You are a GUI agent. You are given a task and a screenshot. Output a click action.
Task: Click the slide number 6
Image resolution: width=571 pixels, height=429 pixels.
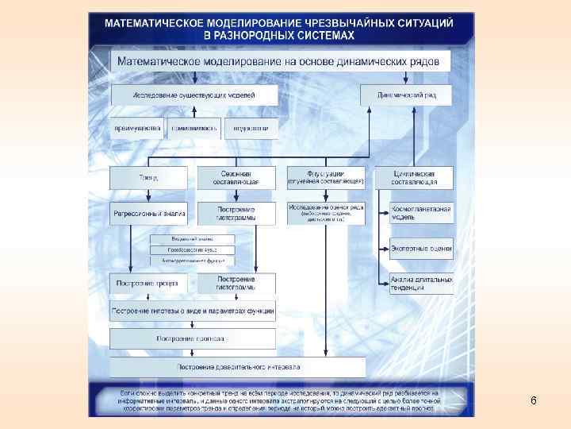pyautogui.click(x=534, y=401)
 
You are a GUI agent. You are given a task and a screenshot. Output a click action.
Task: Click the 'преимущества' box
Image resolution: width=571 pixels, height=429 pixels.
pyautogui.click(x=137, y=127)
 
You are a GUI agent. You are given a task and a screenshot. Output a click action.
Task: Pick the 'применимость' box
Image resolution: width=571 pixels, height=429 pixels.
pyautogui.click(x=194, y=127)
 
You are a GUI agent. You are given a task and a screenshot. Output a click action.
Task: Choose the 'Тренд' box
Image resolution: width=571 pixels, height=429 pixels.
pyautogui.click(x=149, y=177)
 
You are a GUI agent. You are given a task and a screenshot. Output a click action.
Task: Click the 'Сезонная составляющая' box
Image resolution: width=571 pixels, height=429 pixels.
pyautogui.click(x=236, y=177)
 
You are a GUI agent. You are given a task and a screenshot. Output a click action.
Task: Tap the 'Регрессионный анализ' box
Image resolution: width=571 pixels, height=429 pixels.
pyautogui.click(x=149, y=214)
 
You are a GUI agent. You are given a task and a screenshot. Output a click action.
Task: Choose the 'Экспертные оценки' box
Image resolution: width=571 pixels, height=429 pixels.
pyautogui.click(x=421, y=249)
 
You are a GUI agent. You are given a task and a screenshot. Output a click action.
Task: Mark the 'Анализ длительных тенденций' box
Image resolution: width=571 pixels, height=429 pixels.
pyautogui.click(x=421, y=284)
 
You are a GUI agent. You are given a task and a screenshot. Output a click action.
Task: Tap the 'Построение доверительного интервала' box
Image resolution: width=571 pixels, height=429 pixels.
pyautogui.click(x=238, y=367)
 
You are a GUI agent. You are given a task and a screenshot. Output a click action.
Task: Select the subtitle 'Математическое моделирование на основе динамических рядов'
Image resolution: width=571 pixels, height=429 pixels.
pyautogui.click(x=281, y=61)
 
